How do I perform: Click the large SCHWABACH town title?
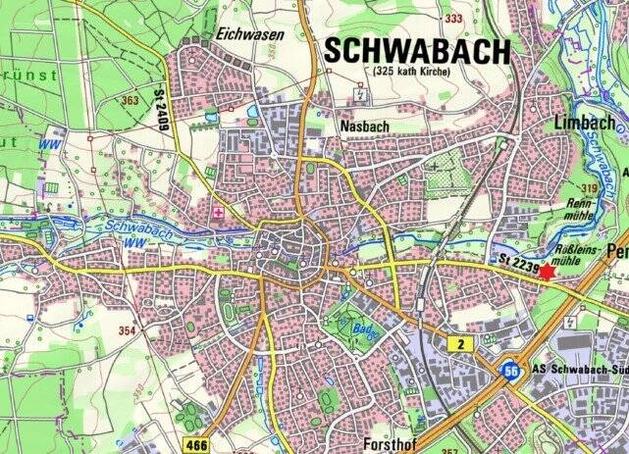(x=418, y=50)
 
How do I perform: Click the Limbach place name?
(x=584, y=123)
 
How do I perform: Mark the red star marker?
(x=547, y=272)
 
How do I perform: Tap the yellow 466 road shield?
(x=196, y=445)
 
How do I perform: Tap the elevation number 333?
(x=453, y=19)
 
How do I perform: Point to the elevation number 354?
(x=127, y=330)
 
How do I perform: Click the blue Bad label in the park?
(x=361, y=334)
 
